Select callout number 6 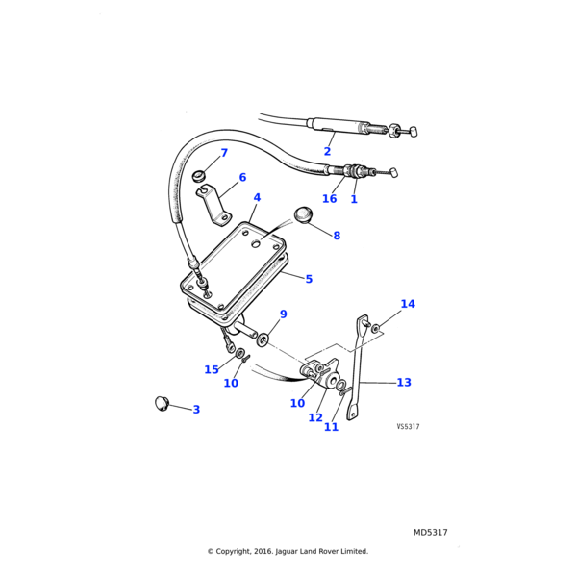click(242, 177)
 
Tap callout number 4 click(257, 198)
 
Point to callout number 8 click(337, 236)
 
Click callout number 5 click(309, 280)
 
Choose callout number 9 click(283, 314)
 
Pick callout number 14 click(408, 304)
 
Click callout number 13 click(404, 383)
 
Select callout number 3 click(196, 410)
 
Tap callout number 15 click(212, 370)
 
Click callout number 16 click(330, 199)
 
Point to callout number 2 click(327, 151)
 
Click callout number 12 click(315, 417)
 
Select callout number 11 click(331, 427)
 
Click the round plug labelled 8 click(304, 213)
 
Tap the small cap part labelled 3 click(162, 402)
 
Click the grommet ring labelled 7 click(199, 176)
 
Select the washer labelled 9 click(263, 339)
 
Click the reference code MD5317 click(431, 532)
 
